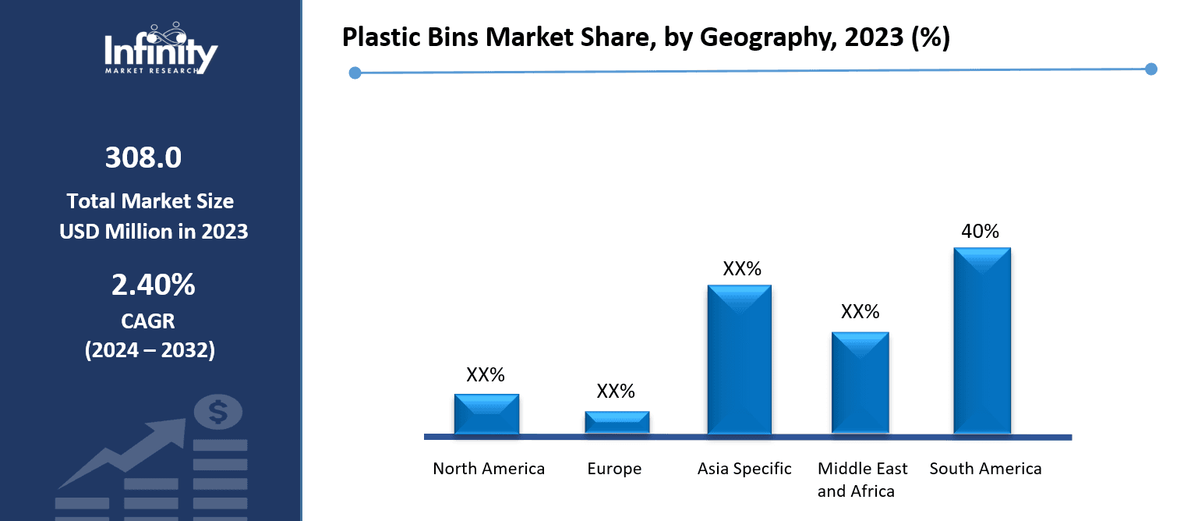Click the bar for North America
(x=486, y=413)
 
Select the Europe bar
(x=617, y=422)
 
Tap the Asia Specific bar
(x=739, y=359)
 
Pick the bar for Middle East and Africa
(x=860, y=382)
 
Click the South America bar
(x=981, y=340)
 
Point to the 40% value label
(x=981, y=231)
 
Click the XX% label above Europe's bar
(x=616, y=392)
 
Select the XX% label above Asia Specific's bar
(x=741, y=269)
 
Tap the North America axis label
(x=489, y=469)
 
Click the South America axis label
(x=985, y=469)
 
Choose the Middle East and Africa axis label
(x=862, y=480)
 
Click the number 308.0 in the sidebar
(x=143, y=158)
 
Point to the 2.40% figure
(x=153, y=286)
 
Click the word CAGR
(x=148, y=321)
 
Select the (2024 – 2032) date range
(x=149, y=350)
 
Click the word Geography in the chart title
(x=750, y=38)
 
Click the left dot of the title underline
(x=355, y=73)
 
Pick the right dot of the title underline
(x=1151, y=69)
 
